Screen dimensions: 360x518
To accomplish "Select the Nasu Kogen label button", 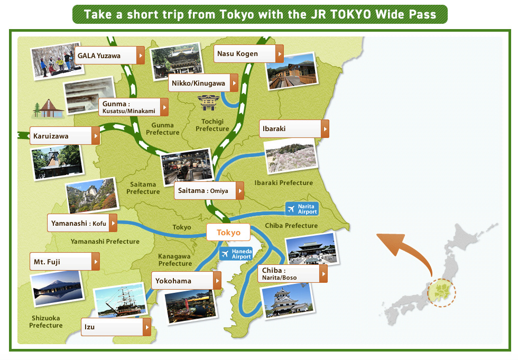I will (x=248, y=53).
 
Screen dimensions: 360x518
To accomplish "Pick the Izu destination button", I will (x=116, y=327).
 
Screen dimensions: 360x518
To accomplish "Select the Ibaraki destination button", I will (x=294, y=128).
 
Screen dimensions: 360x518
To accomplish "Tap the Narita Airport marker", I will (x=302, y=209).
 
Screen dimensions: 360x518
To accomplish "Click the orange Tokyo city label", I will (x=228, y=233).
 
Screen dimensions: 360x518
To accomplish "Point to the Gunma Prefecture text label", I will (x=162, y=128).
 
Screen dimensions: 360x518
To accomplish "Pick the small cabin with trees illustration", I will (x=49, y=108).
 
